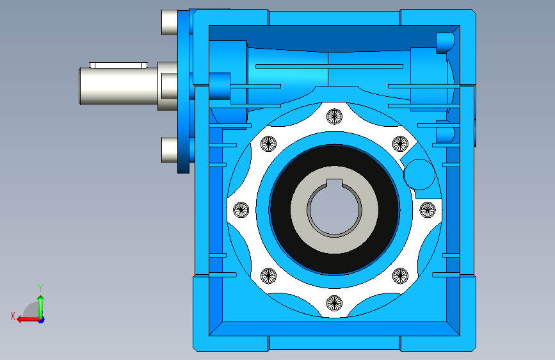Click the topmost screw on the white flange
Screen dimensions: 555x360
tap(335, 117)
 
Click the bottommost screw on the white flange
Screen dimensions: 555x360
tap(335, 303)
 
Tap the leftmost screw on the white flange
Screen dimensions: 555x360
tap(241, 209)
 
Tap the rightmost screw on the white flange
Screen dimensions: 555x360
tap(428, 209)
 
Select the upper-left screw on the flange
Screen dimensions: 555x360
tap(268, 143)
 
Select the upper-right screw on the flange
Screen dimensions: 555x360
tap(400, 143)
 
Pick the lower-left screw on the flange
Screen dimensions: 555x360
tap(268, 275)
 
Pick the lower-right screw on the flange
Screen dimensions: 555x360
tap(400, 275)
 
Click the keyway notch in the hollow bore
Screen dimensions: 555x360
tap(335, 183)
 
